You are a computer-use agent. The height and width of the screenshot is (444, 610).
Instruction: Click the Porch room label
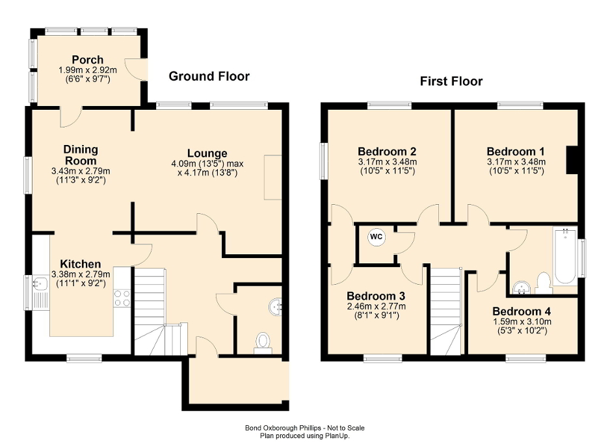tap(88, 60)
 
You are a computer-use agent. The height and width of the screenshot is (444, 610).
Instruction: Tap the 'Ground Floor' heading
tap(209, 77)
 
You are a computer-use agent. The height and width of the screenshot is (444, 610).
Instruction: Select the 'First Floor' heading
tap(451, 81)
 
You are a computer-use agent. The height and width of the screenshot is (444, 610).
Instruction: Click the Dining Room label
tap(81, 155)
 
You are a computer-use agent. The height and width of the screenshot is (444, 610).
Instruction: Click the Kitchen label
tap(81, 264)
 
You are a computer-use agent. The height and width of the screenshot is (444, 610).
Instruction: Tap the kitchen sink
tap(40, 284)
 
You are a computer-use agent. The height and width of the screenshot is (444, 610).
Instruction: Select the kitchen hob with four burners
tap(122, 298)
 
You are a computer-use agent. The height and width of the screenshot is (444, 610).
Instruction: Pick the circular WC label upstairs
tap(376, 237)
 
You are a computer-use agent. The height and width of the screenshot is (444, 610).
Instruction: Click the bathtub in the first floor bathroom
tap(564, 255)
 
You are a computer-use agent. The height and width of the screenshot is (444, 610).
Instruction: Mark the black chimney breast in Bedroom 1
tap(572, 160)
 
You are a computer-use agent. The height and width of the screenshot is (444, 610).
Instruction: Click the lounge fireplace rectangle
tap(272, 177)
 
